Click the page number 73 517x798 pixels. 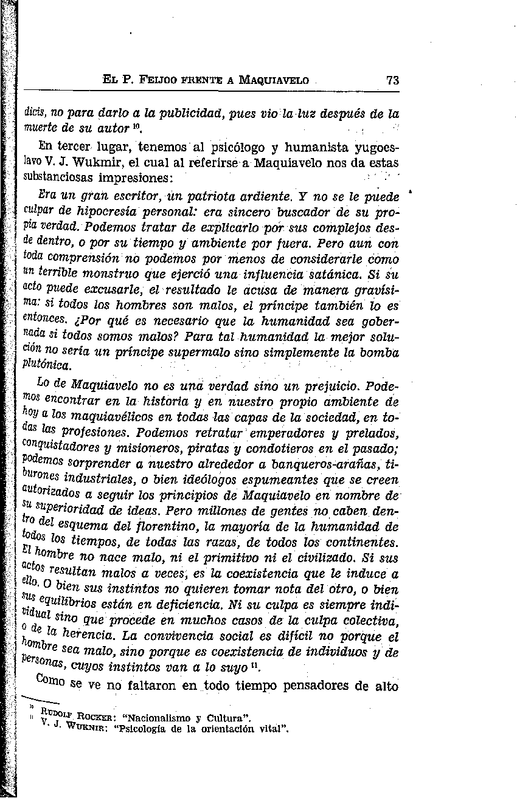[392, 80]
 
